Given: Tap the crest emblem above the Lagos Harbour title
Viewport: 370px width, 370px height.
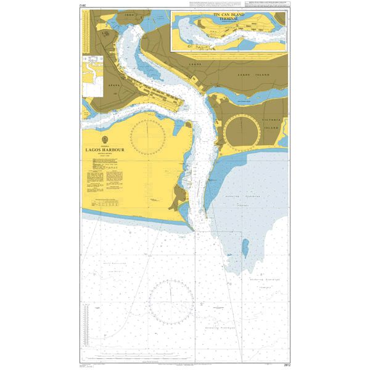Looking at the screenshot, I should tap(109, 139).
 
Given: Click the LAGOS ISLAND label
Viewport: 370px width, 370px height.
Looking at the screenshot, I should tap(253, 75).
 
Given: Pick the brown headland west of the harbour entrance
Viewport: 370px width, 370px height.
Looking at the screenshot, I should tap(179, 197).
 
